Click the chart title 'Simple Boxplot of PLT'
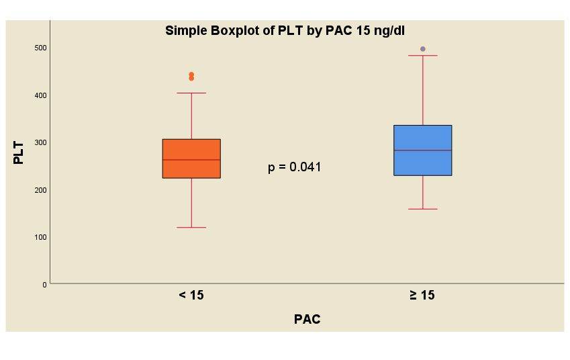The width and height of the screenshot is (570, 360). (285, 30)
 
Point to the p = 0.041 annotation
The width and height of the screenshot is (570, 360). (294, 167)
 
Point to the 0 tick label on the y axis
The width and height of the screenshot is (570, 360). (45, 285)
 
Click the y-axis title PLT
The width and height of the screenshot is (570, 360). (19, 152)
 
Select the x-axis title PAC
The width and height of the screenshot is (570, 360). (307, 320)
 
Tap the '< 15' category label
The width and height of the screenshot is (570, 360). (191, 295)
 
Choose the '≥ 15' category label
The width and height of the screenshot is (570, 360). (422, 295)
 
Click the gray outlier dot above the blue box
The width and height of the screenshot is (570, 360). (422, 49)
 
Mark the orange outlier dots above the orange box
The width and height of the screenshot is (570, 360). (191, 76)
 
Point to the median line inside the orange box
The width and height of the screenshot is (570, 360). (191, 160)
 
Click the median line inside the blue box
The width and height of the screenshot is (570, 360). (422, 150)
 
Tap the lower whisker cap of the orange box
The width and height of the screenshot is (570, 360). (191, 228)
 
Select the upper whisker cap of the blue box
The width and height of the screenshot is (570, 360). (422, 56)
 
